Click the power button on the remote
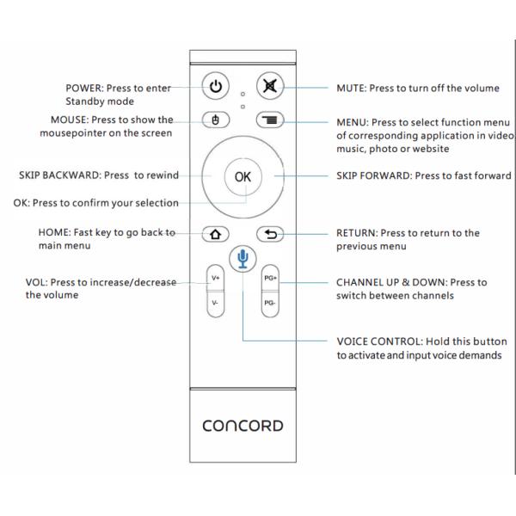point(216,87)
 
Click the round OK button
point(243,175)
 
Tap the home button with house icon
point(215,233)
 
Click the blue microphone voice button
point(243,257)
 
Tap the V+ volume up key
point(215,279)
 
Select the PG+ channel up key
point(270,279)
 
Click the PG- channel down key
point(270,306)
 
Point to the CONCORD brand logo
point(243,426)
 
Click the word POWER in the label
point(85,88)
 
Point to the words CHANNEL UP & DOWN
point(394,282)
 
